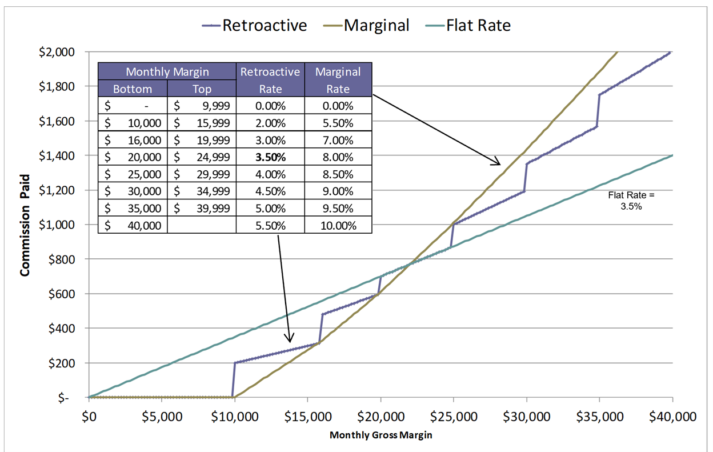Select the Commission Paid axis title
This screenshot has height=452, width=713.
point(25,225)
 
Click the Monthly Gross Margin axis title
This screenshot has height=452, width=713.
point(380,435)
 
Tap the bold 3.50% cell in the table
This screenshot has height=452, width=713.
point(270,157)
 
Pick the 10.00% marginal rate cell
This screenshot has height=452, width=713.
point(338,226)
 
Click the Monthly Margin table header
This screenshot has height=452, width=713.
point(167,71)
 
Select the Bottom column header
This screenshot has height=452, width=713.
point(133,89)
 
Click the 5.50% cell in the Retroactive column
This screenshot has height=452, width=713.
point(270,226)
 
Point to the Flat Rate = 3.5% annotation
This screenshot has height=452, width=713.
point(631,201)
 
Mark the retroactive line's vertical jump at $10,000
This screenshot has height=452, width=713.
point(234,380)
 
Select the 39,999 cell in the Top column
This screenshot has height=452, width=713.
point(201,209)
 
